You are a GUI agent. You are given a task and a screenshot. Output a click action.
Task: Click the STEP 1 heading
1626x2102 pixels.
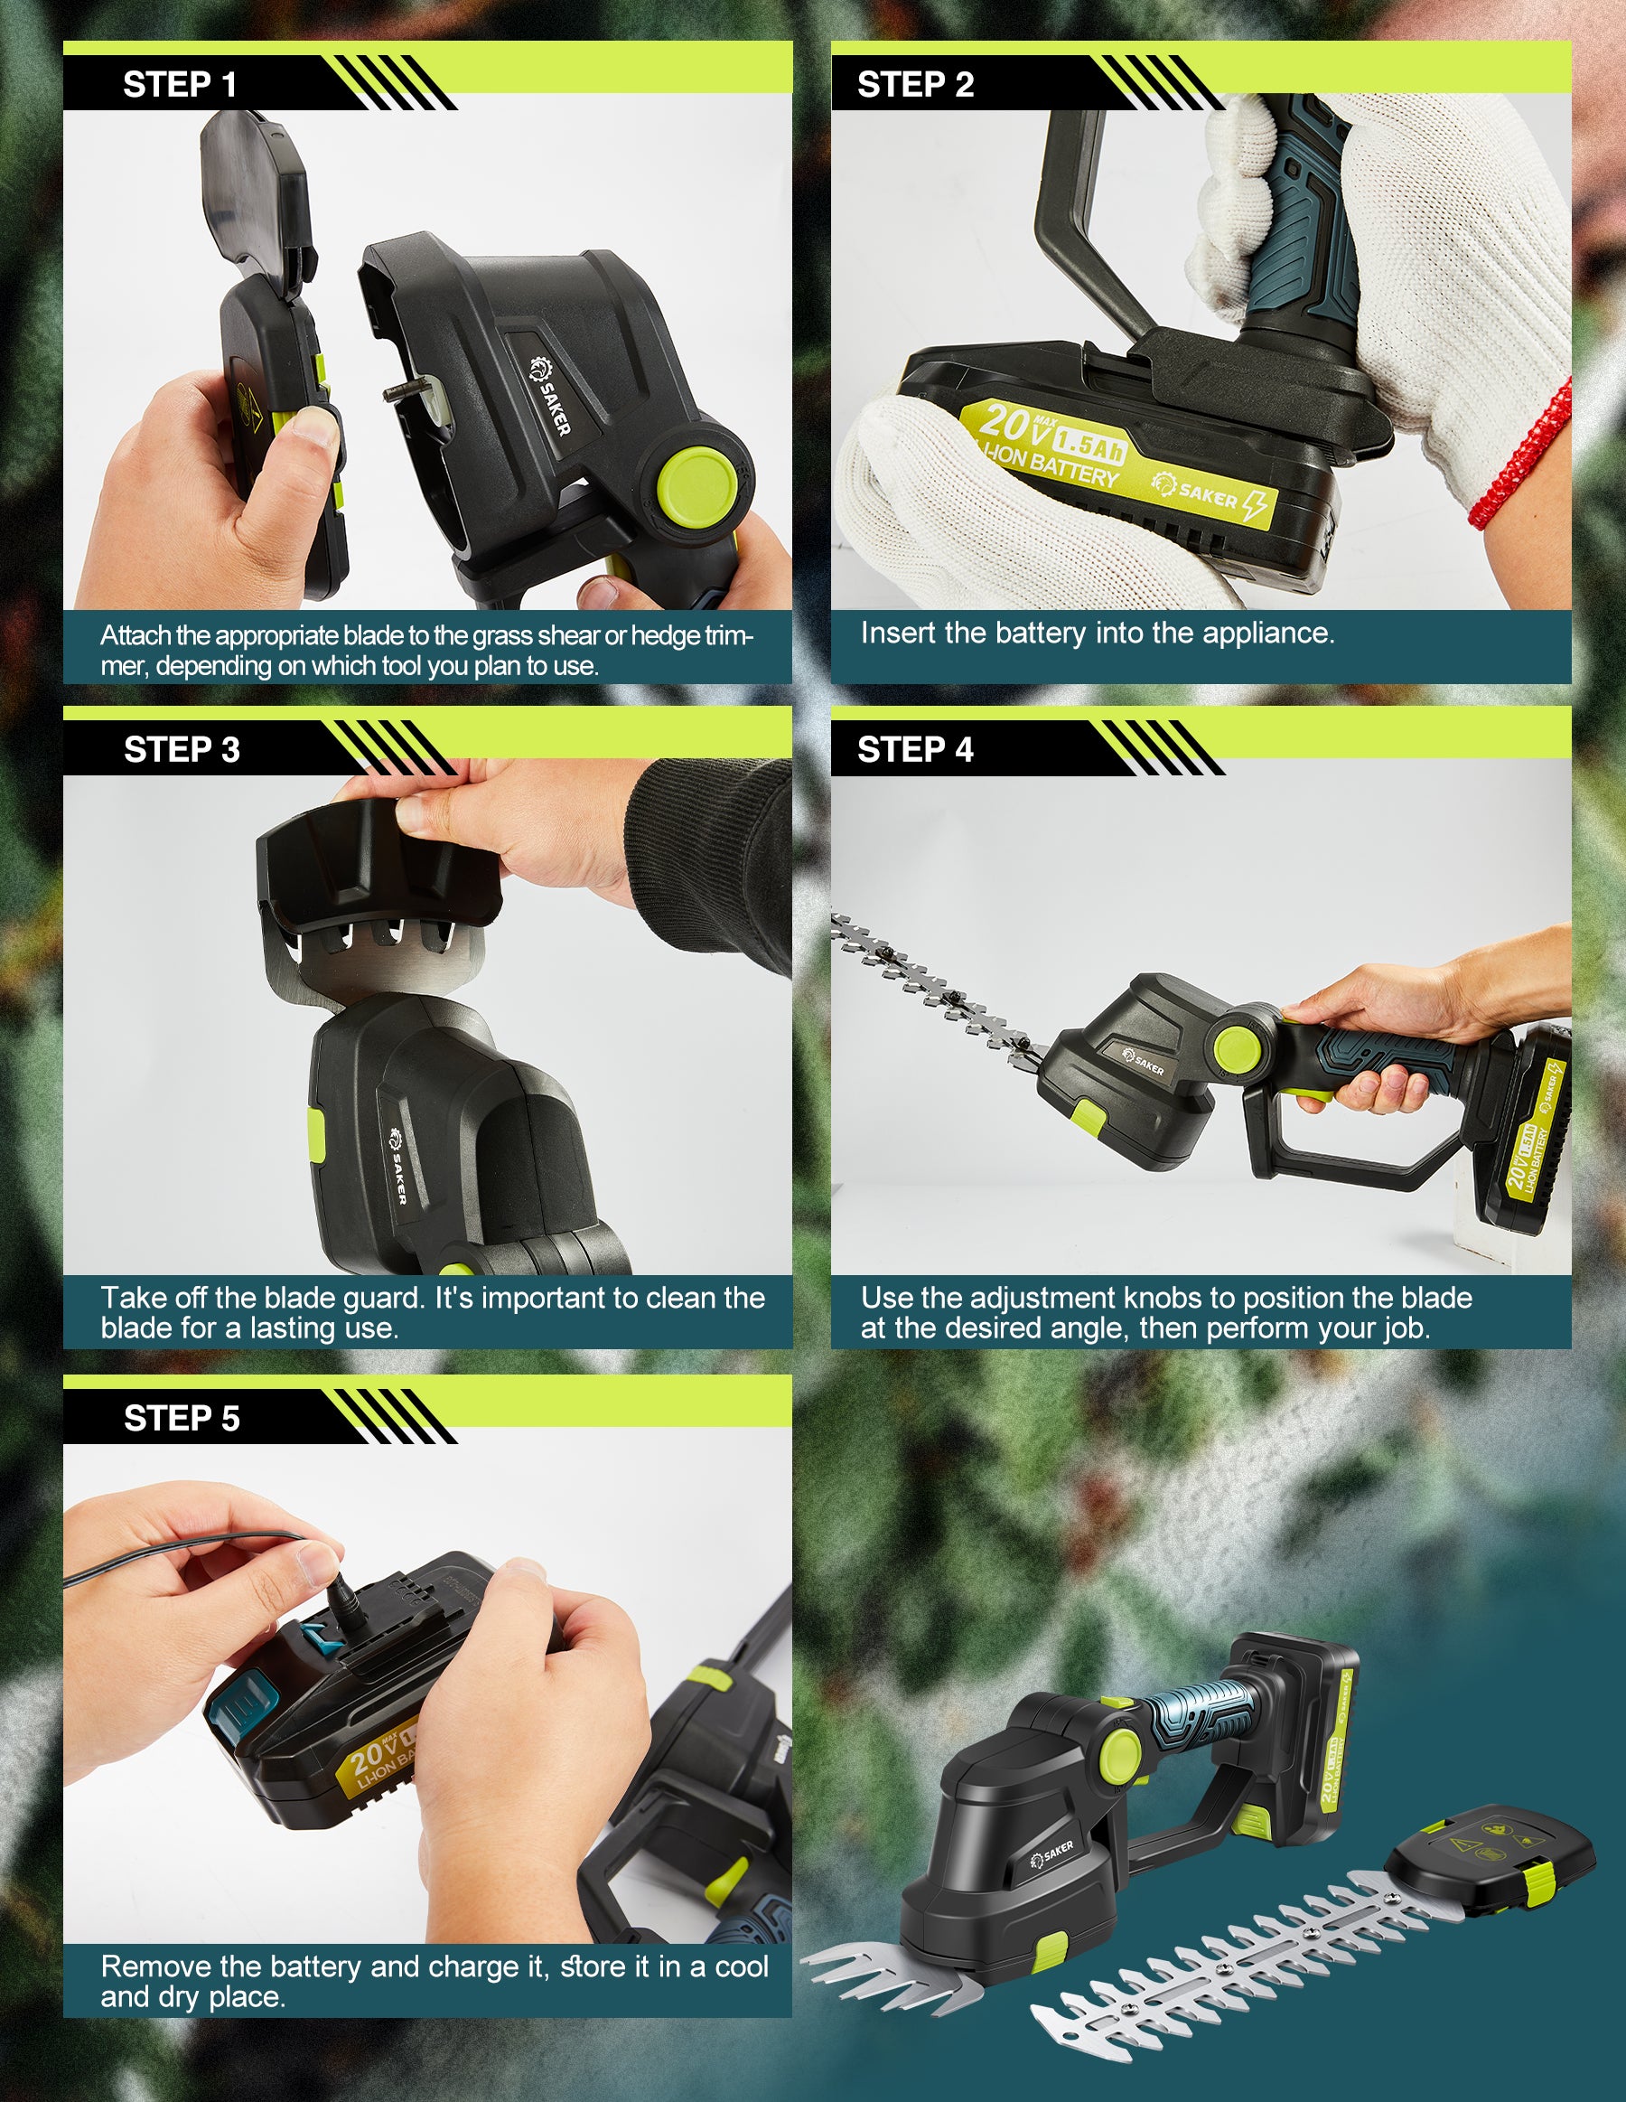pyautogui.click(x=179, y=85)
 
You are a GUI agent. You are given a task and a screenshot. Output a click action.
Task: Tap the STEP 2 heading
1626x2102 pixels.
pyautogui.click(x=915, y=85)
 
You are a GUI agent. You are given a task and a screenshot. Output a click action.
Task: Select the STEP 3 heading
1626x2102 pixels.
pyautogui.click(x=181, y=750)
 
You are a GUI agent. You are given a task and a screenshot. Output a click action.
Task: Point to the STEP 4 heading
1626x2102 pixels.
pyautogui.click(x=915, y=750)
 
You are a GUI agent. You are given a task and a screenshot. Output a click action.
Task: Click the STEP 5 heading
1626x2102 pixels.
pyautogui.click(x=181, y=1419)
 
